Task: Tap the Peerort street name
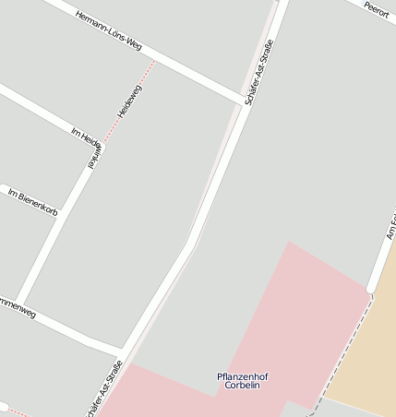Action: (376, 9)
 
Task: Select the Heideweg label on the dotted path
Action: (129, 100)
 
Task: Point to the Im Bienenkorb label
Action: (32, 203)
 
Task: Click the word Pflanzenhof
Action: (242, 376)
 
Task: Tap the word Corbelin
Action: (242, 387)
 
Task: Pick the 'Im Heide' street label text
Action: (84, 136)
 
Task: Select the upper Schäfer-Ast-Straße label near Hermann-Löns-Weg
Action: (259, 72)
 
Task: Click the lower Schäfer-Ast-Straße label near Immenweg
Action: (104, 389)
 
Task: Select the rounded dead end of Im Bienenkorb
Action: (4, 407)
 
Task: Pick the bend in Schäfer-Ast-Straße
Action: (191, 244)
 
